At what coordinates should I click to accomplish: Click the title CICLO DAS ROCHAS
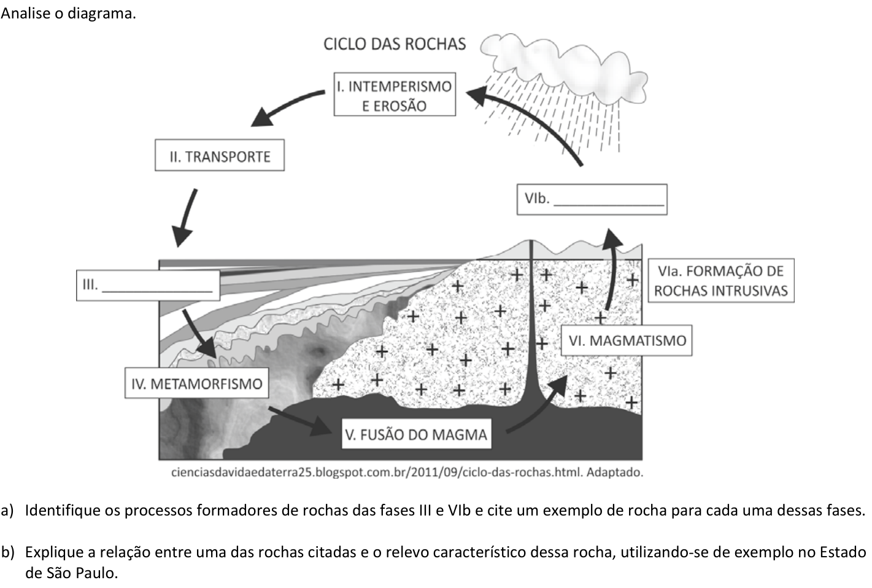pyautogui.click(x=395, y=44)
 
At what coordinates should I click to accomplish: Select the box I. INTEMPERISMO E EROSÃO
pyautogui.click(x=395, y=94)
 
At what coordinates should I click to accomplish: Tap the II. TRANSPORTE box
pyautogui.click(x=220, y=155)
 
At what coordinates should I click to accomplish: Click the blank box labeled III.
pyautogui.click(x=148, y=285)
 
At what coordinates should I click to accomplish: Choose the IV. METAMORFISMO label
pyautogui.click(x=196, y=383)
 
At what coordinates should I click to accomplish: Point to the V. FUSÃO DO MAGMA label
pyautogui.click(x=416, y=434)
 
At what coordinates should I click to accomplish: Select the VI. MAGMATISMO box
pyautogui.click(x=627, y=340)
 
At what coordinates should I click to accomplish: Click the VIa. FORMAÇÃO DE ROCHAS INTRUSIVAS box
pyautogui.click(x=721, y=281)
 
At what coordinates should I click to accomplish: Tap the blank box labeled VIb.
pyautogui.click(x=592, y=200)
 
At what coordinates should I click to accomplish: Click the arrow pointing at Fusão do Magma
pyautogui.click(x=299, y=421)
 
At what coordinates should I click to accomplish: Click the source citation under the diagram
pyautogui.click(x=407, y=472)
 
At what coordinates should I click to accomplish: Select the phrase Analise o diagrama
pyautogui.click(x=69, y=14)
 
